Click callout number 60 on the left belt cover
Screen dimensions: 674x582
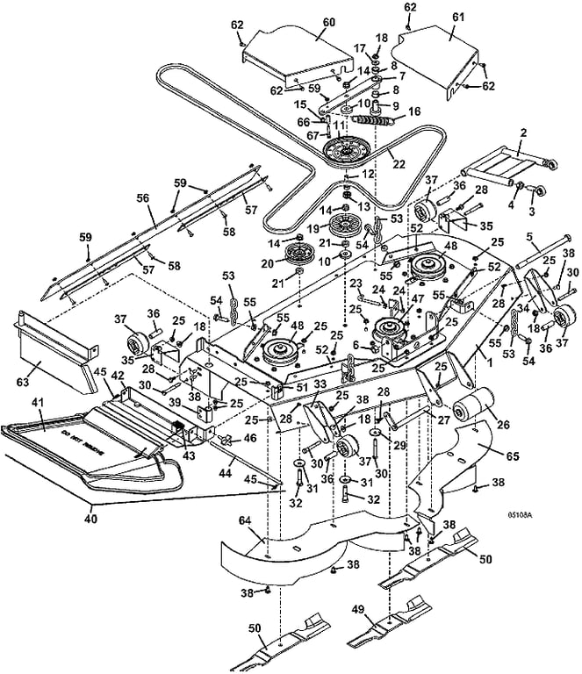(305, 21)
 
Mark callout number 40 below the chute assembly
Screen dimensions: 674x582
(91, 520)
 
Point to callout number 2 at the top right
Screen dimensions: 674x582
(522, 133)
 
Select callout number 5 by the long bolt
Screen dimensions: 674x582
(529, 237)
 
